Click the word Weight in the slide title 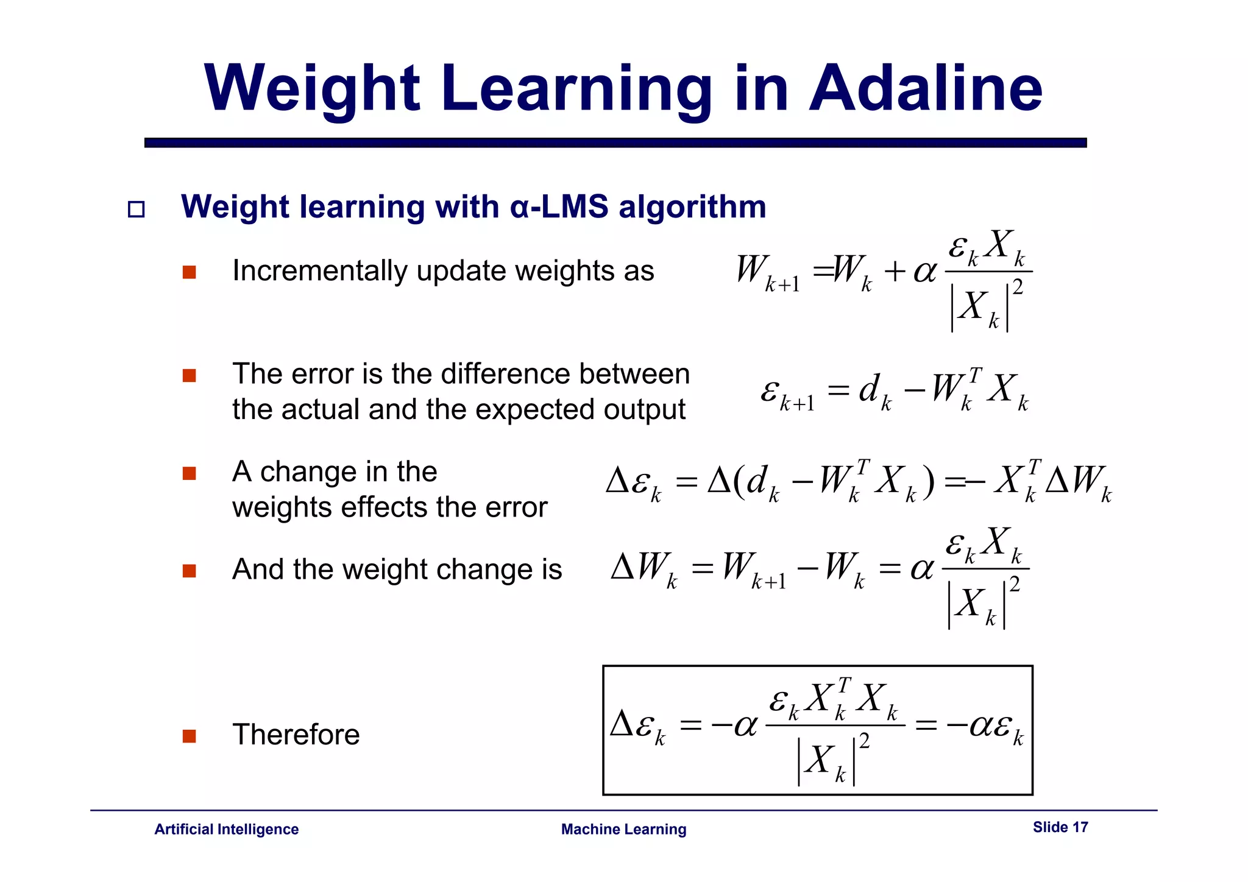click(x=312, y=89)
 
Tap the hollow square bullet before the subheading click(x=136, y=210)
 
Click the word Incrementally click(x=319, y=271)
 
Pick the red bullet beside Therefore click(x=190, y=736)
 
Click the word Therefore click(x=296, y=735)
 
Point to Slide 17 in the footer click(x=1060, y=827)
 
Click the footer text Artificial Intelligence click(x=226, y=829)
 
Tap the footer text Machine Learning click(x=623, y=829)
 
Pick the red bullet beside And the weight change click(x=190, y=571)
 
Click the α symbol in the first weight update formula click(x=924, y=272)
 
